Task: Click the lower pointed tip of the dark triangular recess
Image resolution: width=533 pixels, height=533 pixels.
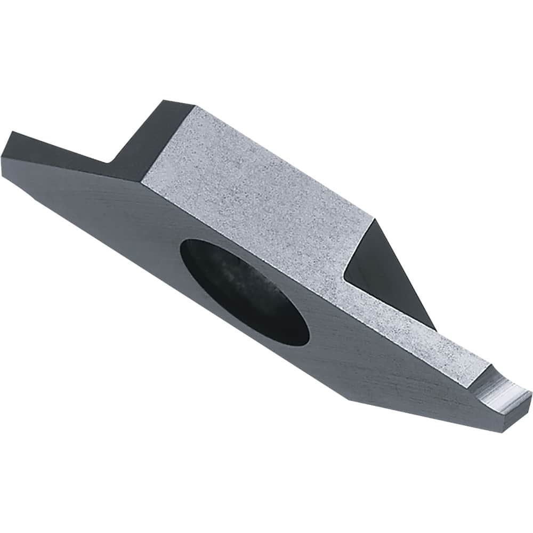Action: point(434,329)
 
